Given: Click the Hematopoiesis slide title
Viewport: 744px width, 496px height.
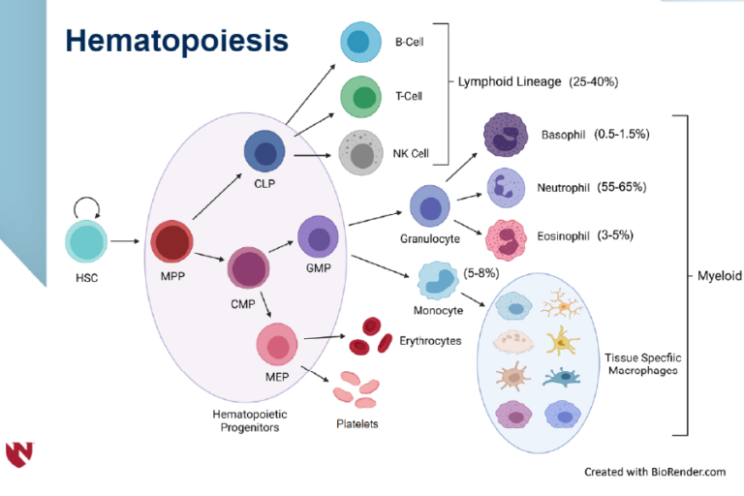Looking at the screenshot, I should [176, 41].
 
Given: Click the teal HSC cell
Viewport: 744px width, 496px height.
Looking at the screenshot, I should [87, 242].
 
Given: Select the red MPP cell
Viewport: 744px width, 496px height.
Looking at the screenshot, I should [172, 243].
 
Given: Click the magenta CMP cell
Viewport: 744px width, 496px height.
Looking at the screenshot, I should [249, 267].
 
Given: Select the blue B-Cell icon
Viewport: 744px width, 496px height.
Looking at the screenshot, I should [359, 43].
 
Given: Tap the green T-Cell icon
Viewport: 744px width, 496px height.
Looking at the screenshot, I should [362, 98].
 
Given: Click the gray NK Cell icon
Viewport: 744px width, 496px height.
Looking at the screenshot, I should [360, 153].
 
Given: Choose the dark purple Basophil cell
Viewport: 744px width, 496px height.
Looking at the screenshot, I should [503, 135].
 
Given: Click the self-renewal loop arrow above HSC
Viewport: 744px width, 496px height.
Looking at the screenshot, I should [86, 206].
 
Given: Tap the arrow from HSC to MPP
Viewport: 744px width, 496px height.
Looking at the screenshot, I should [127, 241].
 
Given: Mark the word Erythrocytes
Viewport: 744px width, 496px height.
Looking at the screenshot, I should [430, 340].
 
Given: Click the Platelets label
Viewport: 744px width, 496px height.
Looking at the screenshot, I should [356, 423].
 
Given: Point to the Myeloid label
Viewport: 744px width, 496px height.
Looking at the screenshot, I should [718, 275].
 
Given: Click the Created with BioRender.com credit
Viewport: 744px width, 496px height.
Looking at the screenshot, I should [655, 472].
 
